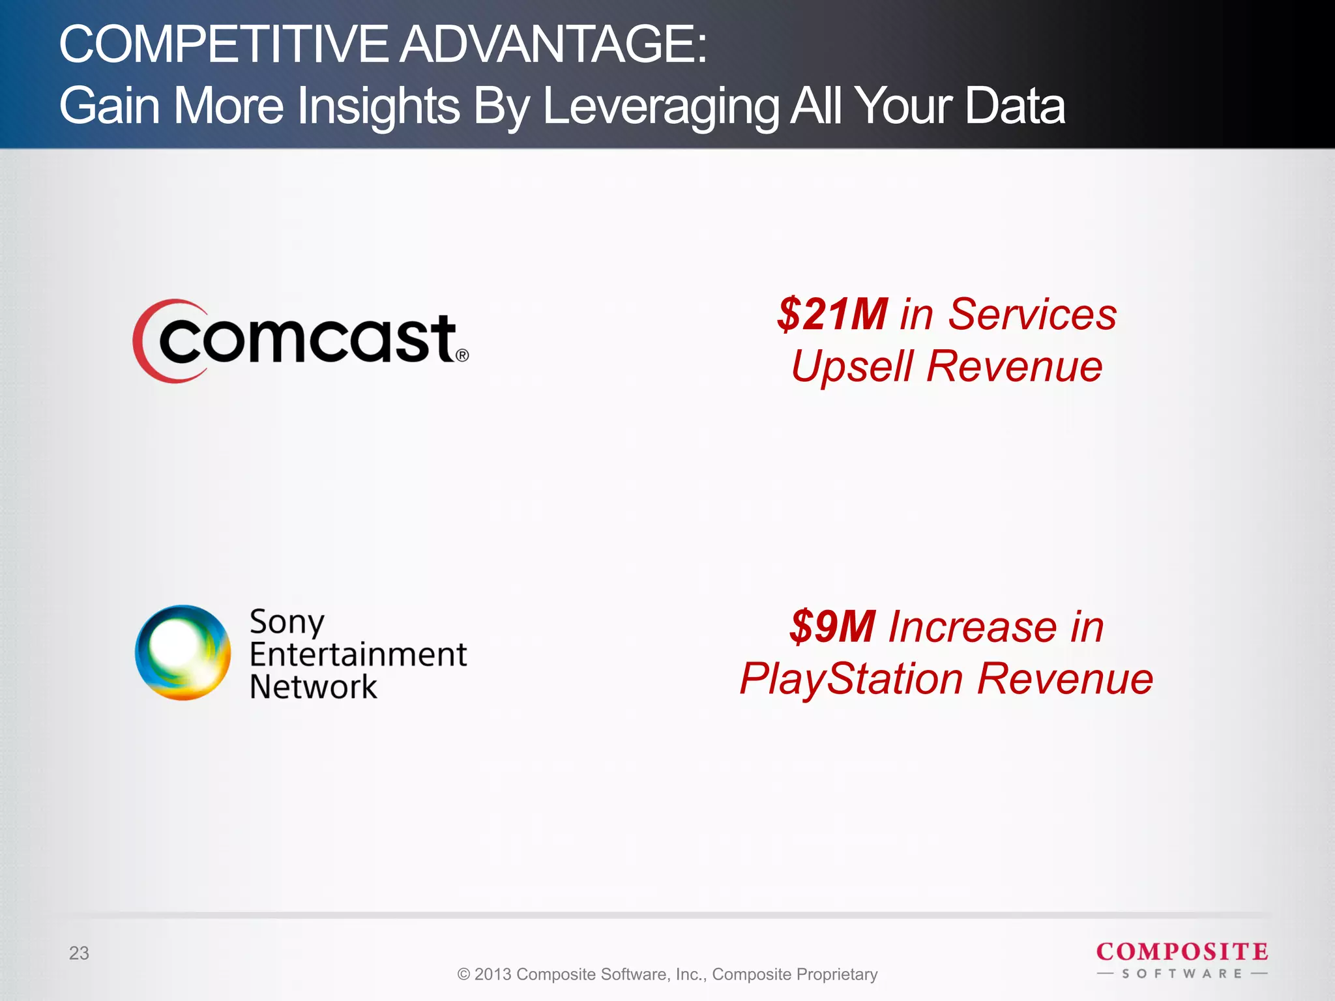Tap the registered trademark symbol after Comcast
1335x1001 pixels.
pyautogui.click(x=462, y=355)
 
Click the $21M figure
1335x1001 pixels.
pyautogui.click(x=832, y=314)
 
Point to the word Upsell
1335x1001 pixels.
pyautogui.click(x=851, y=366)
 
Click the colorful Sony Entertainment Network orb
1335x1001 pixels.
pyautogui.click(x=183, y=653)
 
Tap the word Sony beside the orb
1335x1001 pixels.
pyautogui.click(x=287, y=622)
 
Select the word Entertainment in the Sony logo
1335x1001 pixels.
pyautogui.click(x=358, y=654)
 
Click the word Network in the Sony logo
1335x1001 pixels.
pyautogui.click(x=313, y=687)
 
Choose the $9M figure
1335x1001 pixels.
pyautogui.click(x=832, y=627)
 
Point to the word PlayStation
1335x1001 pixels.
pyautogui.click(x=851, y=679)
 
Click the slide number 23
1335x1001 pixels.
pyautogui.click(x=79, y=953)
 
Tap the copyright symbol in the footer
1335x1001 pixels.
pyautogui.click(x=464, y=974)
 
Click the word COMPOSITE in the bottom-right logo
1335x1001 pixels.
pyautogui.click(x=1182, y=952)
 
